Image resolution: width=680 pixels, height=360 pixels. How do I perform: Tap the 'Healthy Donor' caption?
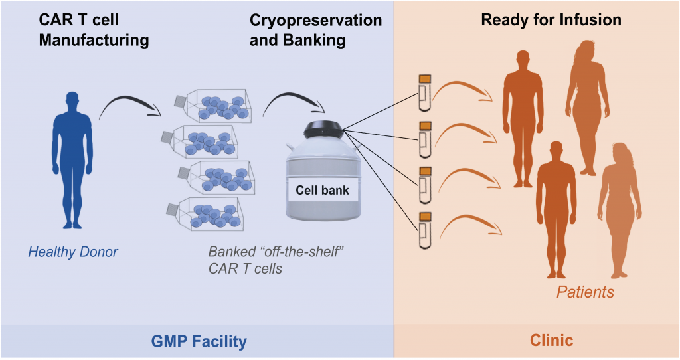point(72,252)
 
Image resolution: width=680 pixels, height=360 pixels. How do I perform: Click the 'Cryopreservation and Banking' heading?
point(315,30)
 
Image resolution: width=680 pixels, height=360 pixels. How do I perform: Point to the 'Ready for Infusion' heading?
point(551,20)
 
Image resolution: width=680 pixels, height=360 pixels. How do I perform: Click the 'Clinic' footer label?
point(551,341)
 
